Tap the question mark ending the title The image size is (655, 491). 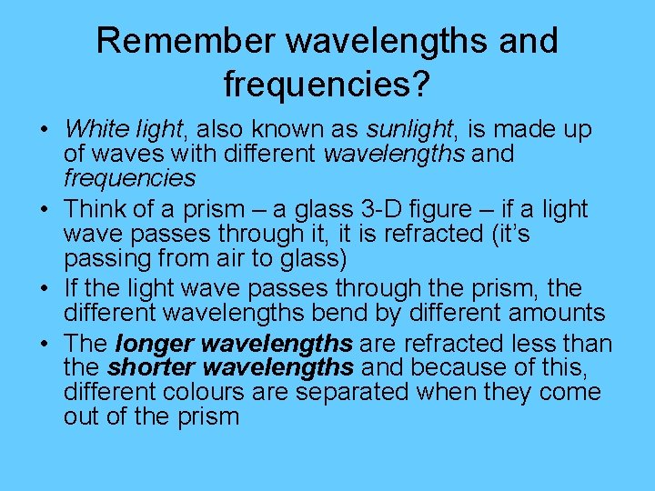(x=421, y=85)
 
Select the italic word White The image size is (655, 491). (x=96, y=129)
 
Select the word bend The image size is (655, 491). (x=371, y=314)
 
